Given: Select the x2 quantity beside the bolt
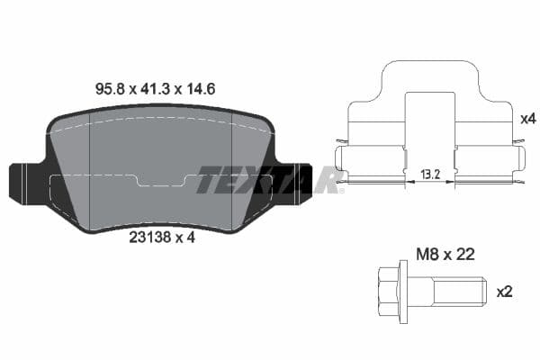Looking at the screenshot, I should point(504,292).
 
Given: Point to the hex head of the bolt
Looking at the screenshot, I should point(388,292).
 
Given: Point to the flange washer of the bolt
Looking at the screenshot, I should point(408,292).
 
